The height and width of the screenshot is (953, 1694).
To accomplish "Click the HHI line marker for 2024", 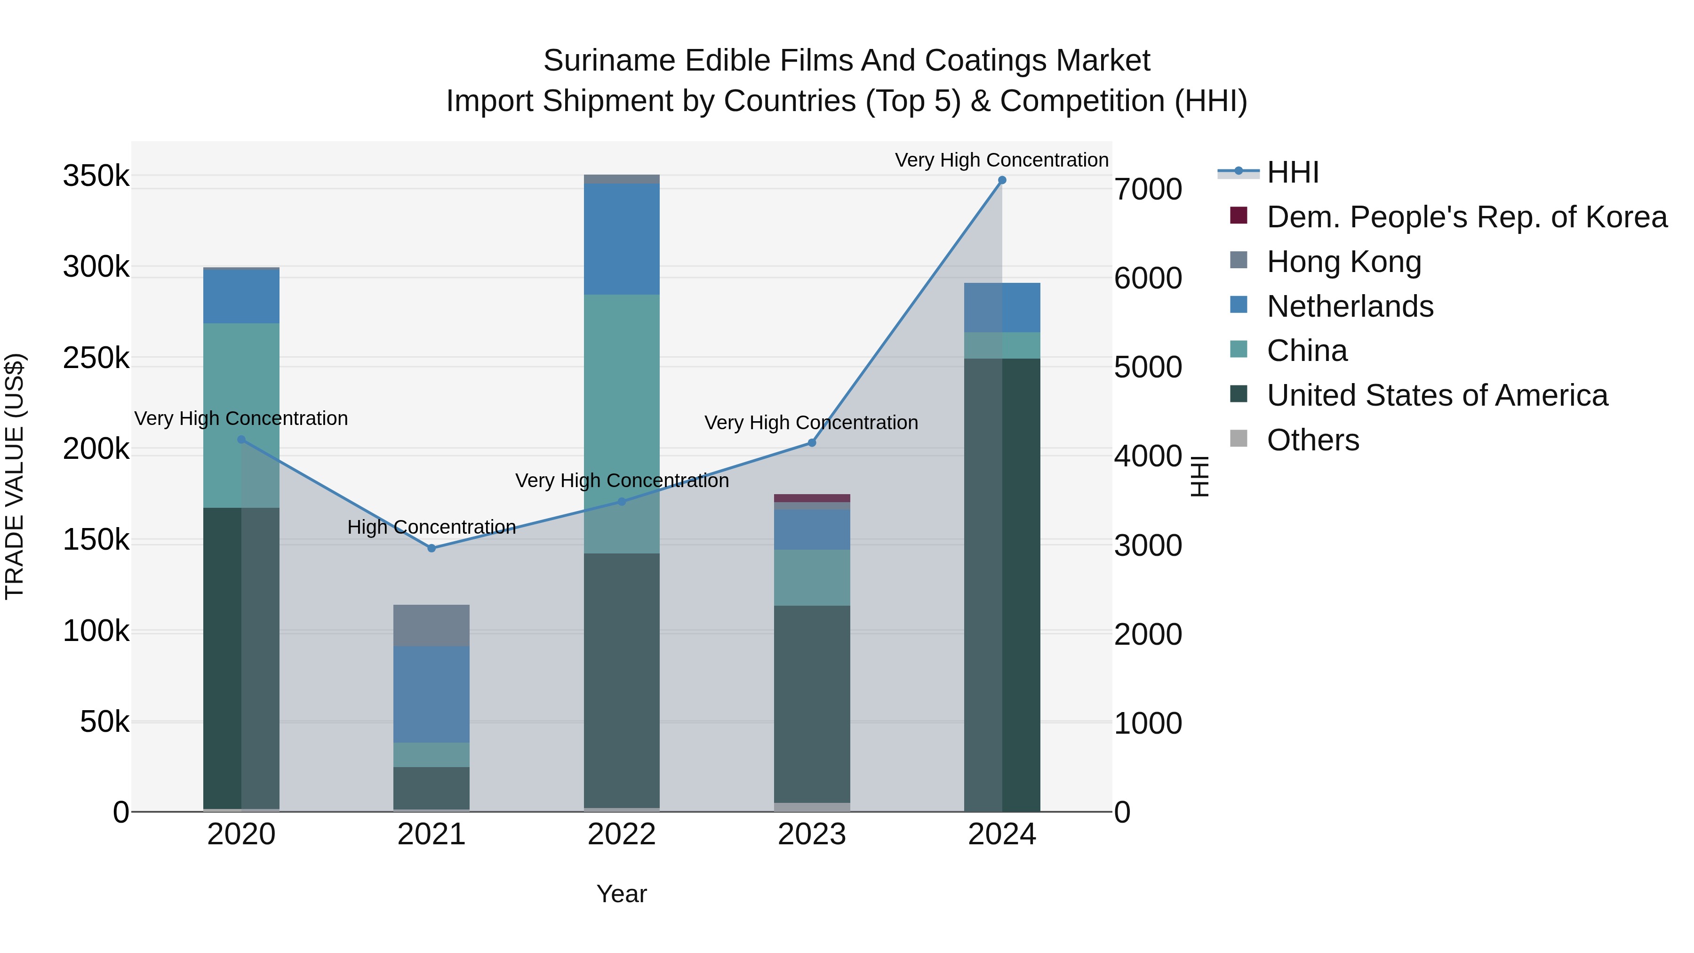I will click(x=1001, y=180).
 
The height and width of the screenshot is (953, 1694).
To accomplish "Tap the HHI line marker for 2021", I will click(x=431, y=548).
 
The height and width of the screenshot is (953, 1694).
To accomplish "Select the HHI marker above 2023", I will click(x=812, y=443).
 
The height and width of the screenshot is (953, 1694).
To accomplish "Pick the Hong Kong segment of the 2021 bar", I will click(x=431, y=625).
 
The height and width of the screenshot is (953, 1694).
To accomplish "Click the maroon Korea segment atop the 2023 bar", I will click(x=812, y=498).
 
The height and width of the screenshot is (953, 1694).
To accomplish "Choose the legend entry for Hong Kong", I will click(x=1343, y=262).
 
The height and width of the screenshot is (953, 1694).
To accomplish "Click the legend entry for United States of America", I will click(x=1437, y=395).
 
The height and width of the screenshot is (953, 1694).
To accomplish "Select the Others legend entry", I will click(x=1312, y=440).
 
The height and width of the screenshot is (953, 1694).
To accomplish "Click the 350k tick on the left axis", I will click(x=96, y=176).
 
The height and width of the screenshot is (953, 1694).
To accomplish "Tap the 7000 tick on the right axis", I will click(x=1148, y=189).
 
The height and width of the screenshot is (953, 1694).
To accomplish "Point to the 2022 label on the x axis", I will click(x=622, y=834).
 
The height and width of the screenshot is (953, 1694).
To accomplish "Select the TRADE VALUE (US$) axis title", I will click(x=15, y=476).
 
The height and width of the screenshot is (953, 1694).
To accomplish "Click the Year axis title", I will click(x=622, y=894).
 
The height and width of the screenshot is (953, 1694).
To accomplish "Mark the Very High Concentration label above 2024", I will click(x=1001, y=160).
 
